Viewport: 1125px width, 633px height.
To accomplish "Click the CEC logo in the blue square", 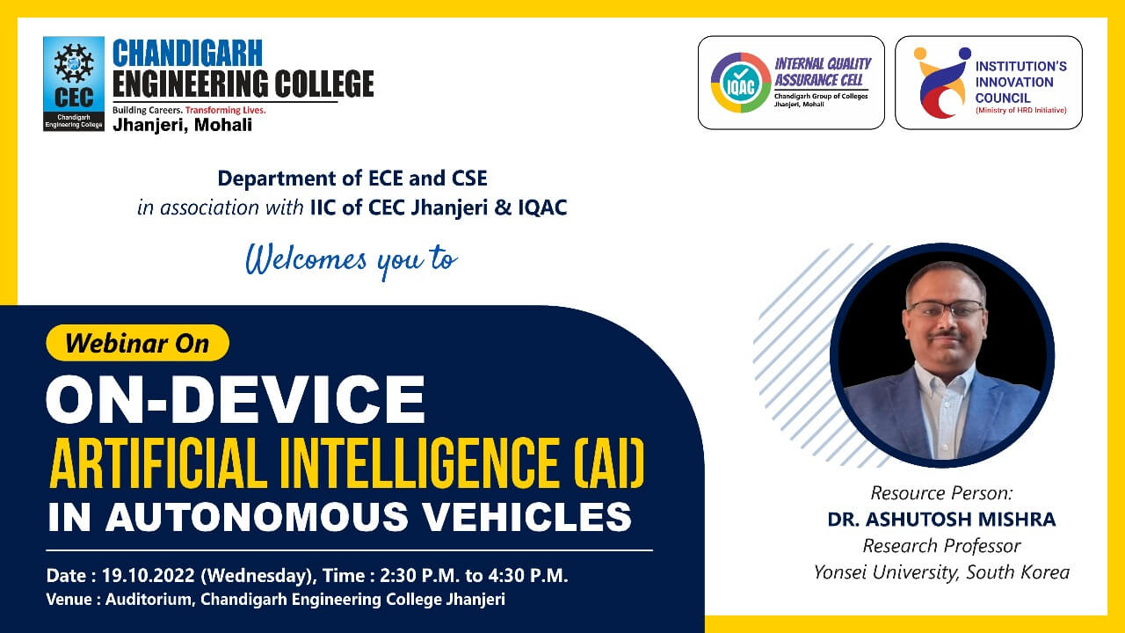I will (x=73, y=84).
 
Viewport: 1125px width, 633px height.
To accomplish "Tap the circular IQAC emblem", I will (x=739, y=83).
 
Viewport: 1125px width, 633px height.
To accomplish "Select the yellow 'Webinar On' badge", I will (x=137, y=343).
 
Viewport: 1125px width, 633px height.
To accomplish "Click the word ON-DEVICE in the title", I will (x=236, y=399).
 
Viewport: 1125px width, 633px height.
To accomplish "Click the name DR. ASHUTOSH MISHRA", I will (x=941, y=519).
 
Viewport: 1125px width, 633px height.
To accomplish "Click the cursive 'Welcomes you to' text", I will (x=351, y=260).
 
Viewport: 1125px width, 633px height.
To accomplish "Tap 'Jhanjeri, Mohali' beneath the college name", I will (x=182, y=125).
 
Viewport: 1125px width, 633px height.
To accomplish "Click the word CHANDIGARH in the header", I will (x=187, y=53).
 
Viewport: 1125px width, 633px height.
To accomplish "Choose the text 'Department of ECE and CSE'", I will (x=352, y=178).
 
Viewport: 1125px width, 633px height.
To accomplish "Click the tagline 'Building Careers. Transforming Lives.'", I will (x=189, y=111).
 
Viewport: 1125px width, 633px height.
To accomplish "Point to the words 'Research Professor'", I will (x=941, y=546).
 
